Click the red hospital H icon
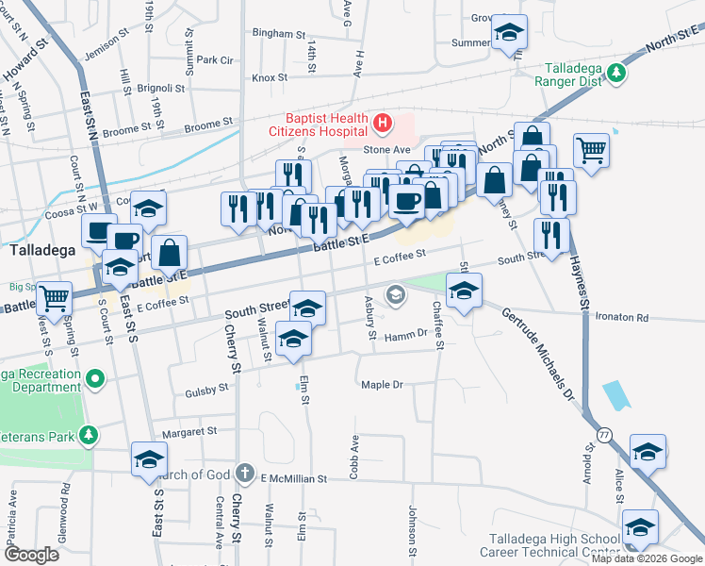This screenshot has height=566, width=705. point(383,123)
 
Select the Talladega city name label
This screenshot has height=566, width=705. point(37,252)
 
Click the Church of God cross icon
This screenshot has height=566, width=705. point(244,473)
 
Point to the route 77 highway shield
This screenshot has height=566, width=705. point(603,432)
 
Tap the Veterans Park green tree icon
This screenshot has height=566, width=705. point(88,435)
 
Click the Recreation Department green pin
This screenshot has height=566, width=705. point(93,379)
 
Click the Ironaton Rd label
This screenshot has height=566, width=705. point(623,318)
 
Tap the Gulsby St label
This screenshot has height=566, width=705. point(207,388)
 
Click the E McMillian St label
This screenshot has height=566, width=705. point(292,479)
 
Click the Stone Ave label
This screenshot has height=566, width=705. point(387,149)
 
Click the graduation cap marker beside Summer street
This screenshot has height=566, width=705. point(508,34)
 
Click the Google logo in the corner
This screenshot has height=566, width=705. point(33,555)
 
